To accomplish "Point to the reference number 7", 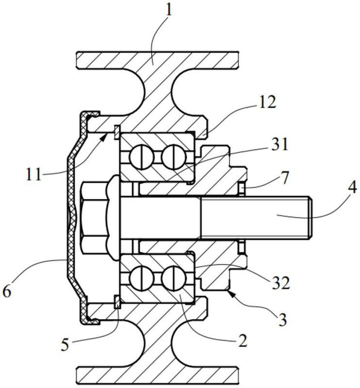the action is pyautogui.click(x=284, y=178).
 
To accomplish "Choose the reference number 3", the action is pyautogui.click(x=282, y=320).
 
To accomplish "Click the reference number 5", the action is pyautogui.click(x=65, y=344).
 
